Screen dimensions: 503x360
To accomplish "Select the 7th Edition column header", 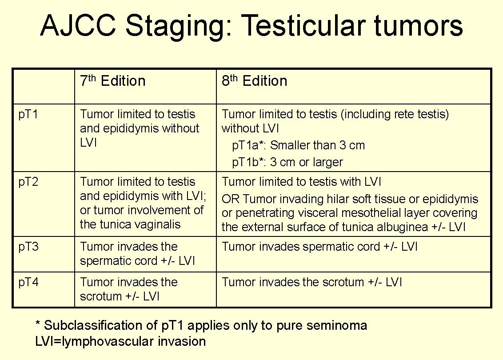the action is tap(112, 81).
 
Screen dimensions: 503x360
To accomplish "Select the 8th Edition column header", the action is tap(254, 81).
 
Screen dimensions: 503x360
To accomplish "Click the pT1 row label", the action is tap(28, 115).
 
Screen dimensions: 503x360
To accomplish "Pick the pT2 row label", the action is tap(28, 182).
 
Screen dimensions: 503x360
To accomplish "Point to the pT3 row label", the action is tap(28, 247).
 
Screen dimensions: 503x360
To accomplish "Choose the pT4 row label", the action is tap(28, 283).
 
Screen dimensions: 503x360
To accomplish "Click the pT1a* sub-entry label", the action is tap(249, 146).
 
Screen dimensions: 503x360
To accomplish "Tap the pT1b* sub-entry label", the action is tap(249, 162).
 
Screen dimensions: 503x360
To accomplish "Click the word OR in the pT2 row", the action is tap(230, 199).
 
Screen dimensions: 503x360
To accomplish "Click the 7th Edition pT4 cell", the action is tap(128, 289).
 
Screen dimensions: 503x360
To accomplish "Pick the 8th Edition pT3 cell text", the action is tap(319, 247).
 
